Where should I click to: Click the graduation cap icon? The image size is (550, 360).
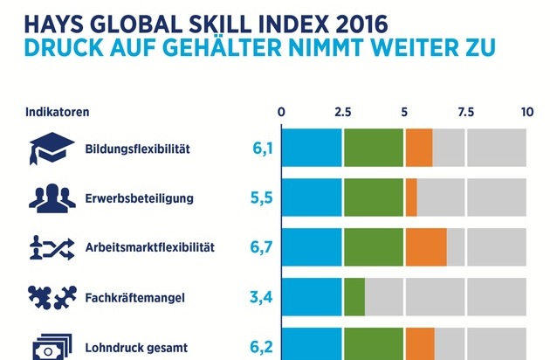click(x=52, y=149)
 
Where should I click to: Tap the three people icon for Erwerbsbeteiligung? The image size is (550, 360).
click(x=52, y=198)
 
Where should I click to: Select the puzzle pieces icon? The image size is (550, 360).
click(x=52, y=298)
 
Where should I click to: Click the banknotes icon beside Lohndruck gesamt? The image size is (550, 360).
click(x=52, y=346)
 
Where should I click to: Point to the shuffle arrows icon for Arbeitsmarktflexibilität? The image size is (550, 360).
click(x=52, y=247)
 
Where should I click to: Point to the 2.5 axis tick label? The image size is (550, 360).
click(x=342, y=113)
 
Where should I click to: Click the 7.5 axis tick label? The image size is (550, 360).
click(x=465, y=113)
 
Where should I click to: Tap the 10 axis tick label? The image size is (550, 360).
click(x=526, y=113)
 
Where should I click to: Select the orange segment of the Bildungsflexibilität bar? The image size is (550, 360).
click(x=418, y=147)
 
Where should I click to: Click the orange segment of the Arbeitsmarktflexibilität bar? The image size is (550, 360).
click(x=425, y=246)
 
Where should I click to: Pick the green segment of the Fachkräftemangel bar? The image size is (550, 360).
click(x=354, y=297)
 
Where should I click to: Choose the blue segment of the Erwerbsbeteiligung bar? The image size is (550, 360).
click(x=311, y=197)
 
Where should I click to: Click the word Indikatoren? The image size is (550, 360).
click(x=58, y=113)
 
